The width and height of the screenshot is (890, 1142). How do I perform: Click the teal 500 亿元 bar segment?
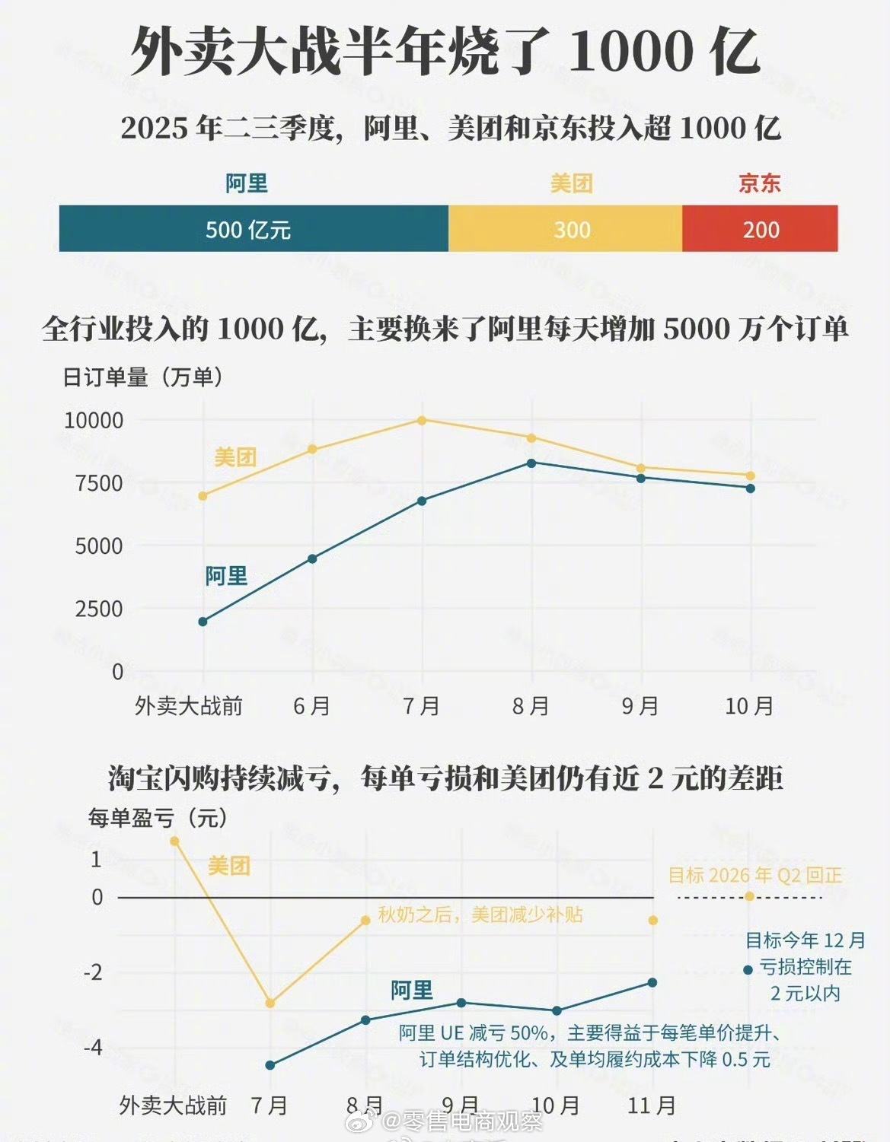(x=253, y=229)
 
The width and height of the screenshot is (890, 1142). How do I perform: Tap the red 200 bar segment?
(x=760, y=229)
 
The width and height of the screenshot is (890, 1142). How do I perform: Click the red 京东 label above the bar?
(x=759, y=183)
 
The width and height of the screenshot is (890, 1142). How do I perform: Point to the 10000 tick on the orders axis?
(x=94, y=420)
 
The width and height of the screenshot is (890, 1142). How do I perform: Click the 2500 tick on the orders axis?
(x=98, y=609)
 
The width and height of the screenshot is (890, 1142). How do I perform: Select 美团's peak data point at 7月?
(x=422, y=420)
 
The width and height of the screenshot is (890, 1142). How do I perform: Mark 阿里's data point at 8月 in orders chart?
(x=531, y=463)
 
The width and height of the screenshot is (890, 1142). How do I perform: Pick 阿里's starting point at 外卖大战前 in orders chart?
(x=203, y=622)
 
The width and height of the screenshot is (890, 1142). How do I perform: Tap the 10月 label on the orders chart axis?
(x=749, y=706)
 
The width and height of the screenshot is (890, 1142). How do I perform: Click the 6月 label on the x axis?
(x=311, y=706)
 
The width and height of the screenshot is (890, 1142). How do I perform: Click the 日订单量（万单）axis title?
(x=143, y=377)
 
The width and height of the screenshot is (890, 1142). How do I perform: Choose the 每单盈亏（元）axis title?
(x=158, y=818)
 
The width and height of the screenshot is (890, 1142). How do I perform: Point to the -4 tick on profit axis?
(x=93, y=1048)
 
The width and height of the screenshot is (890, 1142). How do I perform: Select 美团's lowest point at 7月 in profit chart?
(x=270, y=1004)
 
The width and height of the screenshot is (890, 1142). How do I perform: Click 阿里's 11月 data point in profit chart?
(x=652, y=982)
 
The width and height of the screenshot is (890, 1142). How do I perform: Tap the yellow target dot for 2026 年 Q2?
(x=749, y=896)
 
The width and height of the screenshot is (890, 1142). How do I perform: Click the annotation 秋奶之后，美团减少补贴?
(x=480, y=915)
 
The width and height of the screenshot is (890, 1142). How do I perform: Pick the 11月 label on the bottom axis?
(x=652, y=1105)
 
